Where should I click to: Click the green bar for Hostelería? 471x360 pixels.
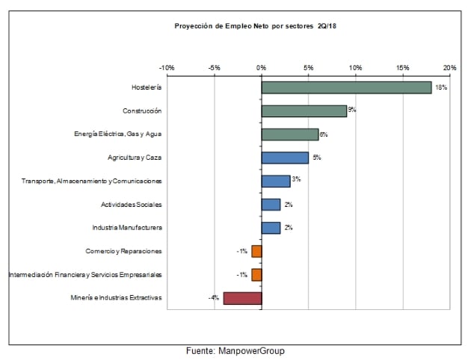(x=346, y=87)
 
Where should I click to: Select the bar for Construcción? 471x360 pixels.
(x=304, y=111)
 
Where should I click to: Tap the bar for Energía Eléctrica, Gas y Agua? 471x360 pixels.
(x=289, y=134)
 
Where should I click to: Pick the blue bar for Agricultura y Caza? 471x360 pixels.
(x=285, y=158)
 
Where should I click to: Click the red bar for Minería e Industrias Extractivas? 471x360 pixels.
(x=242, y=298)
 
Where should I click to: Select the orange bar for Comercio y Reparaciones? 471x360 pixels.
(x=256, y=251)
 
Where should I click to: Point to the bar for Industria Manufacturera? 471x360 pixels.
(x=271, y=228)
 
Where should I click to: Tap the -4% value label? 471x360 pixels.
(x=214, y=298)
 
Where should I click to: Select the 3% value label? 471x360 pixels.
(x=296, y=180)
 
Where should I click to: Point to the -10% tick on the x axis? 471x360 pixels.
(x=167, y=68)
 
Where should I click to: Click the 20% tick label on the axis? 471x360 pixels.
(x=449, y=68)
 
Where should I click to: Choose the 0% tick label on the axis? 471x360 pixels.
(x=261, y=68)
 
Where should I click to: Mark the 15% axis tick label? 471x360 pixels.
(x=402, y=68)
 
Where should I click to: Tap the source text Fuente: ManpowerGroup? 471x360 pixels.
(x=235, y=350)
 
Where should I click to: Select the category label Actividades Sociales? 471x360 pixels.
(x=131, y=204)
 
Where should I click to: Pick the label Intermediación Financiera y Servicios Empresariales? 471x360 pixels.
(x=84, y=274)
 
